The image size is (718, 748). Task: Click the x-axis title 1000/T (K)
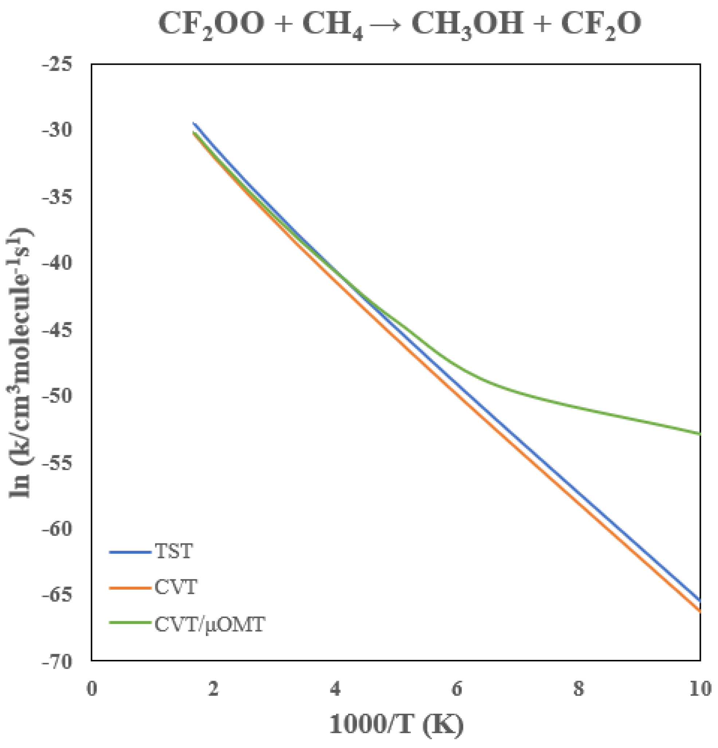pyautogui.click(x=396, y=724)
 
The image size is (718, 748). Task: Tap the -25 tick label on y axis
pyautogui.click(x=57, y=64)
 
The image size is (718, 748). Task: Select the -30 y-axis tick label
pyautogui.click(x=57, y=131)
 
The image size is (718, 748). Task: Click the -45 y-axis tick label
pyautogui.click(x=57, y=330)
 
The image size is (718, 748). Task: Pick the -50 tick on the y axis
pyautogui.click(x=57, y=396)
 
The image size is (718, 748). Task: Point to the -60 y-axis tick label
pyautogui.click(x=57, y=529)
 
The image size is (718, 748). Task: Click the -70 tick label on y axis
pyautogui.click(x=57, y=662)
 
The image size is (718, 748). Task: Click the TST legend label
pyautogui.click(x=173, y=551)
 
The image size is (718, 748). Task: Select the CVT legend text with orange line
pyautogui.click(x=176, y=587)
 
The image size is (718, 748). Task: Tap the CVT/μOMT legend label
pyautogui.click(x=209, y=625)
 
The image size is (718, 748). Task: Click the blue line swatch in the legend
pyautogui.click(x=130, y=552)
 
